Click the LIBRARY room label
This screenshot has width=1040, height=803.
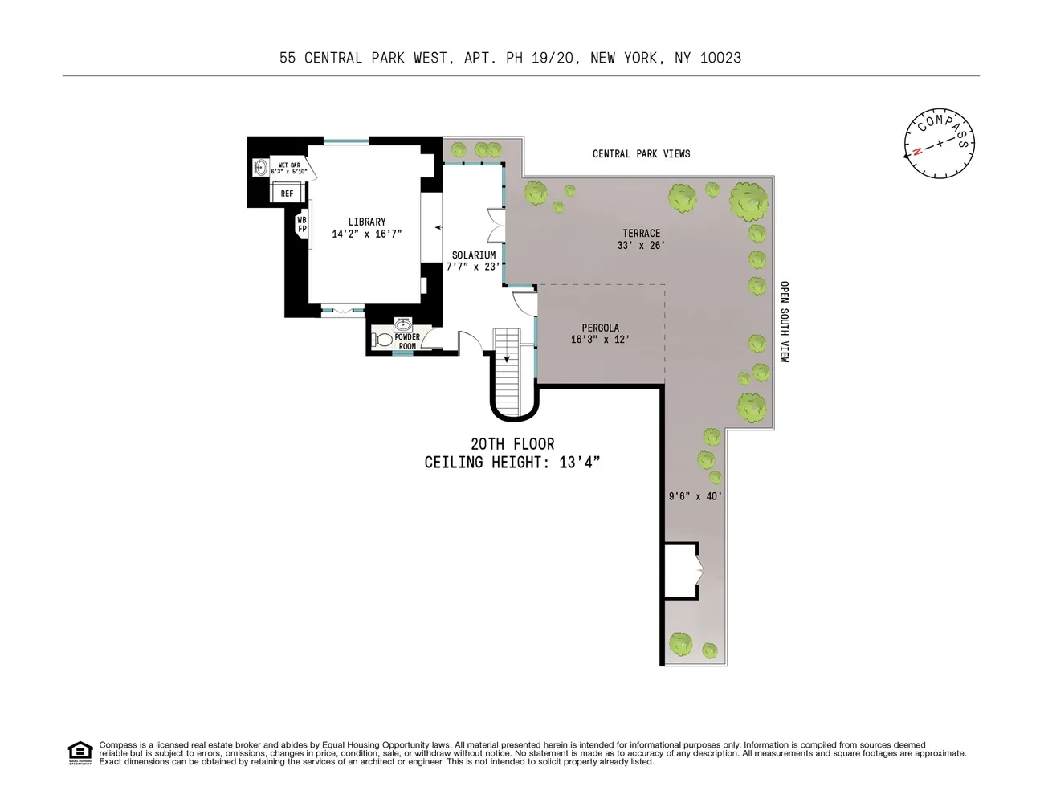click(x=367, y=222)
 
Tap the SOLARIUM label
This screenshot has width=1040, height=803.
click(x=473, y=255)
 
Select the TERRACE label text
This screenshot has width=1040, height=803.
click(x=641, y=234)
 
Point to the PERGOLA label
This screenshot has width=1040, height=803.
click(x=600, y=328)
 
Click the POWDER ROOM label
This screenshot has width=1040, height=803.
click(x=407, y=341)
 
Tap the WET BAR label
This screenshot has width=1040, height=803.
click(x=289, y=165)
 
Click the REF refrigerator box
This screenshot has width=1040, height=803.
click(x=287, y=194)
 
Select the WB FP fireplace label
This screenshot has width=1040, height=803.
click(x=302, y=225)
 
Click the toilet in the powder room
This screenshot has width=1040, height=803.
click(x=384, y=340)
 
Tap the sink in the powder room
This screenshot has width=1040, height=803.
click(x=403, y=324)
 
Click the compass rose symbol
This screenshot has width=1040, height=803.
click(x=940, y=145)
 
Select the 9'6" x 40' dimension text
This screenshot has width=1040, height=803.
click(x=695, y=496)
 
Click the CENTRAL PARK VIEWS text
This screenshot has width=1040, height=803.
click(x=641, y=153)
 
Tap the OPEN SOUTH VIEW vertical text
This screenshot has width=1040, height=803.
click(x=785, y=321)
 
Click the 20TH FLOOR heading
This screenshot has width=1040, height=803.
click(x=512, y=444)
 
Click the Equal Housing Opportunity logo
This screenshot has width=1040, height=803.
click(x=80, y=752)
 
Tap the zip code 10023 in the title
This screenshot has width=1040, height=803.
click(x=720, y=58)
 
